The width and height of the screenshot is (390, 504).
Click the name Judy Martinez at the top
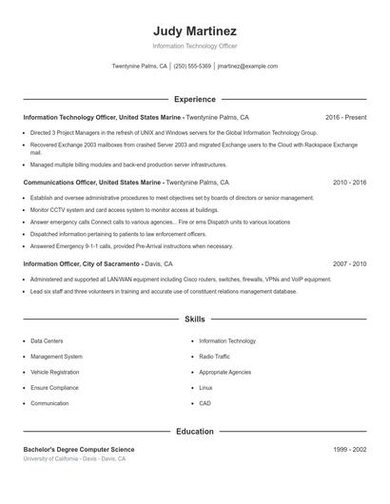[x=194, y=30]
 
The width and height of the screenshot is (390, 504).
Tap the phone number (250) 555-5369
[x=192, y=67]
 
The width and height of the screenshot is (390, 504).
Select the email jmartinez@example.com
[x=247, y=67]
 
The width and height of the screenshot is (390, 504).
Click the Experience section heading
[x=194, y=99]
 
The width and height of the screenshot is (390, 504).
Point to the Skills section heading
[x=194, y=320]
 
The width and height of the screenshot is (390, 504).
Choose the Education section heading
[x=194, y=432]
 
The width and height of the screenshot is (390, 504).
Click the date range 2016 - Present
[x=345, y=118]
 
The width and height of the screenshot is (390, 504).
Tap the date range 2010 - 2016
[x=349, y=182]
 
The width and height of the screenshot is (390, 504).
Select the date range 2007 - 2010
[x=349, y=263]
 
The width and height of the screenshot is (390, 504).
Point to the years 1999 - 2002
[x=349, y=449]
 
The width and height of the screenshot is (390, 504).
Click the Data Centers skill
[x=47, y=340]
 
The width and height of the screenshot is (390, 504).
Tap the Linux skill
[x=205, y=388]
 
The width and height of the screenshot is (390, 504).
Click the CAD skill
[x=205, y=403]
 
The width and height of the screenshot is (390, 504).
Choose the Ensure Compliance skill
[x=55, y=388]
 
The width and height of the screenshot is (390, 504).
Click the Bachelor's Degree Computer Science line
[x=79, y=449]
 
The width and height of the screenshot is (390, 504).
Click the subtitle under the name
[x=194, y=46]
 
